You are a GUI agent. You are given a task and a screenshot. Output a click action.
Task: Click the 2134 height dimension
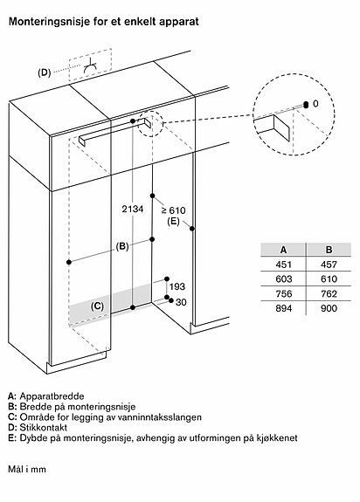click(133, 209)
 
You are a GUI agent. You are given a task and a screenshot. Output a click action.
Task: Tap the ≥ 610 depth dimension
click(173, 210)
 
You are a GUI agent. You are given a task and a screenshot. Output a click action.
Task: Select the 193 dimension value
click(177, 286)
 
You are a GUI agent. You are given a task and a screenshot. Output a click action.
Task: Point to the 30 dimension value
click(181, 302)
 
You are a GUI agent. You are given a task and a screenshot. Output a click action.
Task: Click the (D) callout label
click(45, 73)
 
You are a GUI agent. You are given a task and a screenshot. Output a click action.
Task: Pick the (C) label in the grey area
click(97, 306)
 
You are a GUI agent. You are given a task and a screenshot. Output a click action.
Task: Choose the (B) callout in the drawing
click(122, 246)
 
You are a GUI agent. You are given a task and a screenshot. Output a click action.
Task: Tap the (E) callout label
click(173, 221)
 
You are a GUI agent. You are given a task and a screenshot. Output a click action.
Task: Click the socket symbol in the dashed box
click(91, 66)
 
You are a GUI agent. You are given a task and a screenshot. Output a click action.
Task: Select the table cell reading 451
click(283, 265)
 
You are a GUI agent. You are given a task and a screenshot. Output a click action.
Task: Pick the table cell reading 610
click(329, 279)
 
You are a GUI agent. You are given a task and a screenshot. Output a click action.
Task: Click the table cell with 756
click(283, 294)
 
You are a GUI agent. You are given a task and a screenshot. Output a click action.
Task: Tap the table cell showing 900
click(329, 308)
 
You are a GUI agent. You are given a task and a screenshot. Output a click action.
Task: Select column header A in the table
click(283, 250)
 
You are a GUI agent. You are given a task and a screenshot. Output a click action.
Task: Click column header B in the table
click(329, 250)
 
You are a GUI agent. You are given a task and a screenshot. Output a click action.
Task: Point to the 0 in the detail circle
click(315, 104)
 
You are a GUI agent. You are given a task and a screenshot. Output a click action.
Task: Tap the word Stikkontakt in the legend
click(44, 428)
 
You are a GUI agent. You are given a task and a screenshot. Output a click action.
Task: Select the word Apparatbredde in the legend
click(52, 396)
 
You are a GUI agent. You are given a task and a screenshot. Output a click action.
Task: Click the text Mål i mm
click(27, 470)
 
